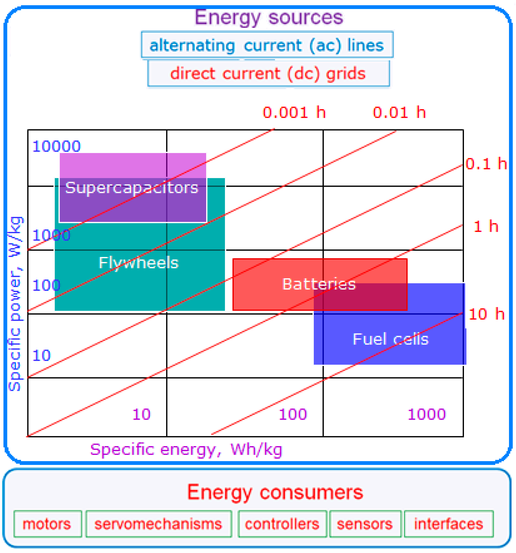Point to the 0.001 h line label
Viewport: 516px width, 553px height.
294,113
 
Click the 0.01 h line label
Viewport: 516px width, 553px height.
399,113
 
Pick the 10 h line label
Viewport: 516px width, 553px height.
486,314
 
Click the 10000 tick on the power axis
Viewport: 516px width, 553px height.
57,147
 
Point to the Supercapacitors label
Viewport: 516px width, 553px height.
132,188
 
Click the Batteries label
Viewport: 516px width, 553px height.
319,284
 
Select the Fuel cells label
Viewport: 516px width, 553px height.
391,339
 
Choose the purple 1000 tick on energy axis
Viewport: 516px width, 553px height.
426,414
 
